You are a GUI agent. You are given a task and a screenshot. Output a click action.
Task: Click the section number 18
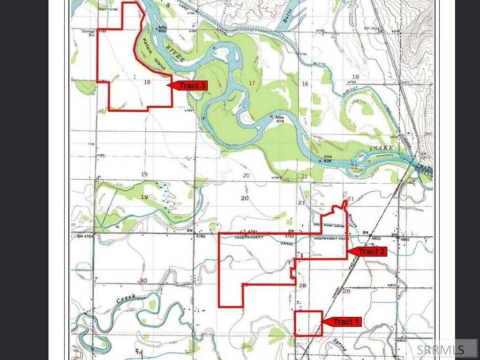pyautogui.click(x=147, y=82)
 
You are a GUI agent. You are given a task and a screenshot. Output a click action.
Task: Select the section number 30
pyautogui.click(x=143, y=280)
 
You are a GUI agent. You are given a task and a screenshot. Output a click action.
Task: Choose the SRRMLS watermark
pyautogui.click(x=440, y=349)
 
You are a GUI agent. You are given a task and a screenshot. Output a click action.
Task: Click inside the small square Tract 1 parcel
pyautogui.click(x=308, y=323)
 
